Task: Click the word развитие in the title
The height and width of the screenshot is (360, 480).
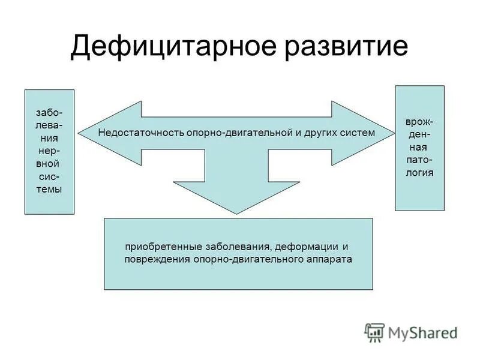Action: (343, 47)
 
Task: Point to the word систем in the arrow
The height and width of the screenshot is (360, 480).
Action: (358, 132)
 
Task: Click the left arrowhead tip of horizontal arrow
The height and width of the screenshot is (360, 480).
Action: (80, 133)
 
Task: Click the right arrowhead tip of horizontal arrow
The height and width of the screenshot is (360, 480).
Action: (392, 133)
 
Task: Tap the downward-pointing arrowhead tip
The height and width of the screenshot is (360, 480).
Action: (238, 213)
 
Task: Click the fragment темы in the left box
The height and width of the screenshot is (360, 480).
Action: (49, 188)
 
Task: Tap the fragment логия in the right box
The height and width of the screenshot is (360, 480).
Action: (419, 173)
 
